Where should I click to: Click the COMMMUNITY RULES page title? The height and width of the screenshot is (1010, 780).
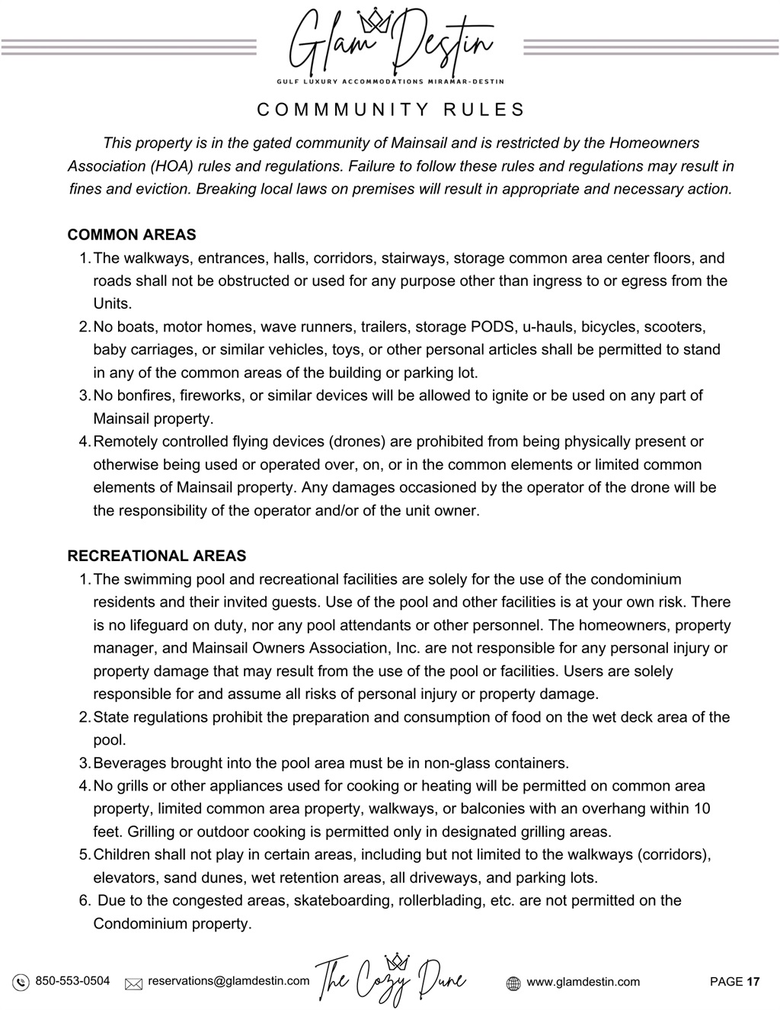tap(391, 110)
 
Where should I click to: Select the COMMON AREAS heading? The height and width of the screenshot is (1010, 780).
tap(132, 235)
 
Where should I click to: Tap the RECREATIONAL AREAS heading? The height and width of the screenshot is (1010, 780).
tap(157, 556)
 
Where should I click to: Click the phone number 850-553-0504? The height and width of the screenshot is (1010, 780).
tap(72, 981)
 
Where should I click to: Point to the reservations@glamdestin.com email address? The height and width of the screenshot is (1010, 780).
tap(229, 981)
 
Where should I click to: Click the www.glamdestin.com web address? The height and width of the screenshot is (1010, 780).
tap(583, 982)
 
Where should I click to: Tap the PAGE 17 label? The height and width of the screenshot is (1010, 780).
tap(734, 982)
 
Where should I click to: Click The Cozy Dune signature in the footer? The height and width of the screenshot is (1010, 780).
tap(390, 980)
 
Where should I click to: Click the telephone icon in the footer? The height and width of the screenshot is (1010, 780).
tap(21, 982)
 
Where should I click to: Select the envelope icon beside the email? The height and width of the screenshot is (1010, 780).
tap(133, 983)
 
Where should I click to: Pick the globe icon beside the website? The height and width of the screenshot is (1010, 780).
tap(513, 983)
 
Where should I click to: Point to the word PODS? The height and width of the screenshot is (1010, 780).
tap(492, 327)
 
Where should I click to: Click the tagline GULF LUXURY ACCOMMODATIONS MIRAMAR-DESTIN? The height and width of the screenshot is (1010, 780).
tap(389, 81)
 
